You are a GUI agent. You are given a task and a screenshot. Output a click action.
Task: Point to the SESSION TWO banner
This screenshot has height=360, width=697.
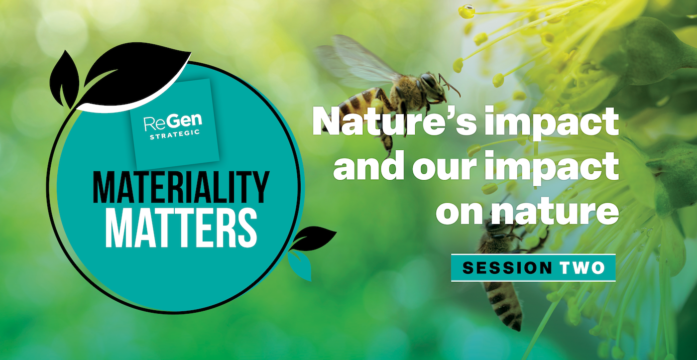click(533, 268)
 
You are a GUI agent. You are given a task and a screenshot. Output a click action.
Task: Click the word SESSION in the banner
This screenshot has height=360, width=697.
click(507, 268)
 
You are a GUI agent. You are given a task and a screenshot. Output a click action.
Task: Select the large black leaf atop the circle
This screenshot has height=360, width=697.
click(134, 75)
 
